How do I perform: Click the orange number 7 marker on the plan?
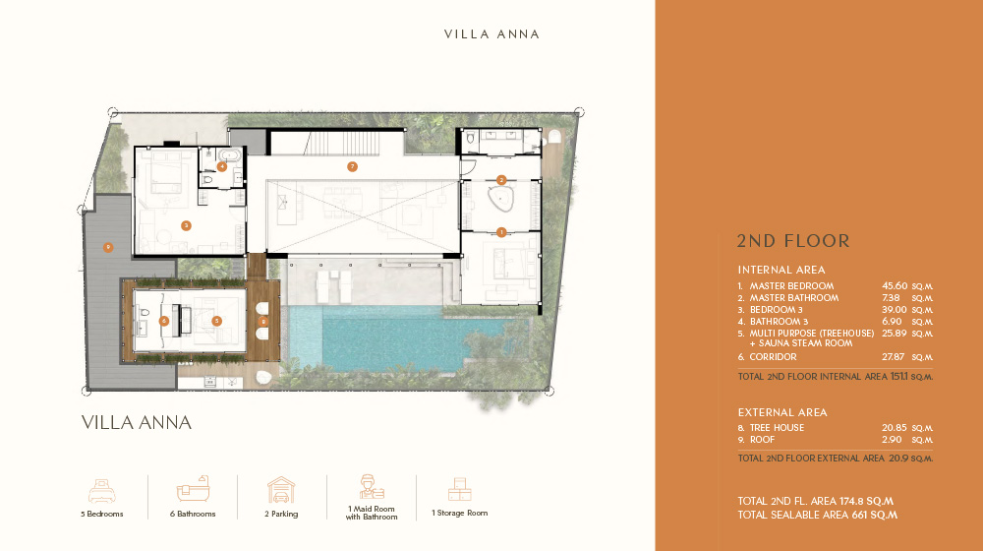[x=352, y=166]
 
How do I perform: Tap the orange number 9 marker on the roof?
[x=108, y=246]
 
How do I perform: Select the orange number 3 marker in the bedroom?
[x=186, y=225]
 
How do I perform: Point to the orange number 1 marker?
[x=501, y=232]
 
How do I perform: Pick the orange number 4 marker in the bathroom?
[x=223, y=166]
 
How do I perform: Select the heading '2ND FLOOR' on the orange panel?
[x=792, y=241]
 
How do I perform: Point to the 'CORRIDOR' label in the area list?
[x=776, y=357]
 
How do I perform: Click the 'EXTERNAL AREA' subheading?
[x=782, y=412]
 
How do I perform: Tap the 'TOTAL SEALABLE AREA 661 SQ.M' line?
[x=817, y=515]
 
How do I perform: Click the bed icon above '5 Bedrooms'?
[x=102, y=489]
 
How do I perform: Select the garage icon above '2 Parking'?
[x=281, y=489]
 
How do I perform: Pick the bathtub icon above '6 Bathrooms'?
[x=192, y=489]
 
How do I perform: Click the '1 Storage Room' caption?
[x=459, y=513]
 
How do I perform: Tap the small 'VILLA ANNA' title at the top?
[x=491, y=33]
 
